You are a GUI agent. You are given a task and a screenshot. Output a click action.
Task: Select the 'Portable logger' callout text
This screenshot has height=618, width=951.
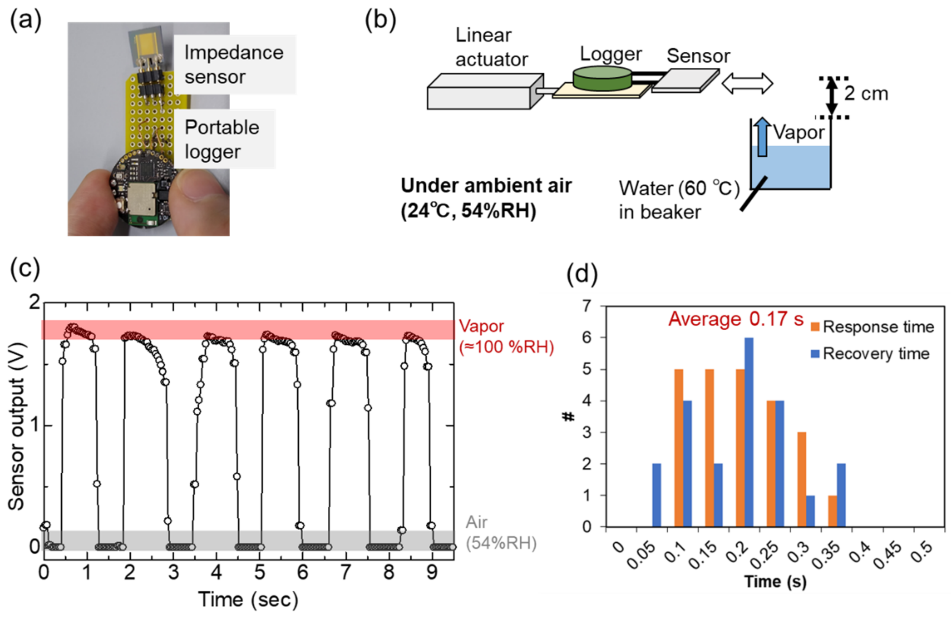(x=222, y=140)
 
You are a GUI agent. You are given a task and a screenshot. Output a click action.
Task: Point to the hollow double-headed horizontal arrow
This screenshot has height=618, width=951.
(x=747, y=83)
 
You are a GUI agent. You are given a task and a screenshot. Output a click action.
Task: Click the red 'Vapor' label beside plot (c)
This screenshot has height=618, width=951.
(x=481, y=327)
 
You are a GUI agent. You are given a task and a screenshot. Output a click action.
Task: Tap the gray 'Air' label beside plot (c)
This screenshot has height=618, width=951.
(x=476, y=522)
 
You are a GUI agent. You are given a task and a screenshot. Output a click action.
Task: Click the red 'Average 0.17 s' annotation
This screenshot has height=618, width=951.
(x=735, y=319)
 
